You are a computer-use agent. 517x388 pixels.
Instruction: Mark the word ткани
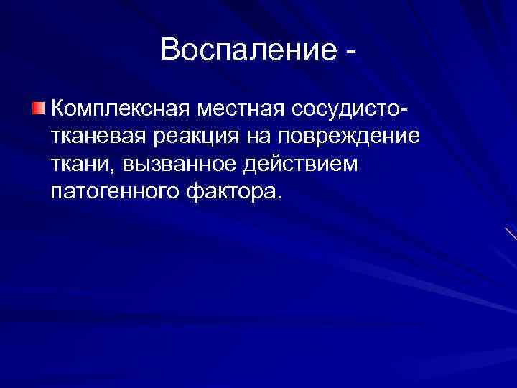(80, 165)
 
